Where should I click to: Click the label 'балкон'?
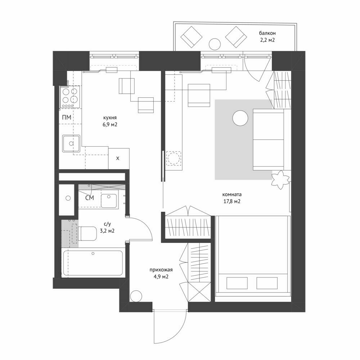click(x=267, y=33)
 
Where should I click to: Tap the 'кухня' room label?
click(x=110, y=118)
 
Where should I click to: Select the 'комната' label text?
click(x=232, y=195)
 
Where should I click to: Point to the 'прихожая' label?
click(x=161, y=270)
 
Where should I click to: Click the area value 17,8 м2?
click(x=232, y=202)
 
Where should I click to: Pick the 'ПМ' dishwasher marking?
click(x=67, y=117)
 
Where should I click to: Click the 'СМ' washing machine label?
click(x=90, y=198)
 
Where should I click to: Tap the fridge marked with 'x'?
click(x=119, y=159)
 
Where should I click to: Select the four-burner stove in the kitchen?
click(x=70, y=96)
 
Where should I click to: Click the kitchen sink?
click(x=71, y=144)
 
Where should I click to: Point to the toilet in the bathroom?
click(x=87, y=234)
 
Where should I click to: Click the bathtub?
click(x=93, y=263)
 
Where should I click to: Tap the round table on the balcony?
click(x=215, y=44)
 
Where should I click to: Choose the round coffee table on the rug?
click(x=240, y=118)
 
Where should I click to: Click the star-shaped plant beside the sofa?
click(x=280, y=180)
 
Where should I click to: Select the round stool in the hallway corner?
click(x=136, y=296)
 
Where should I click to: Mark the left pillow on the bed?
click(x=237, y=283)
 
